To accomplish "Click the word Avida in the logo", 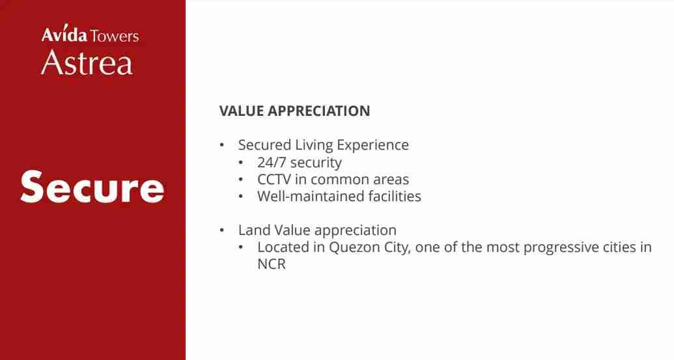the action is [x=64, y=35].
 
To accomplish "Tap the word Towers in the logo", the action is [x=115, y=36].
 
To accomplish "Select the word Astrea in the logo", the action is [x=87, y=62].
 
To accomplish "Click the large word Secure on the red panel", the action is [x=92, y=187].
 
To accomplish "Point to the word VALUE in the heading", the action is [x=241, y=111].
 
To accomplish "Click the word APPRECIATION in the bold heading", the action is [x=319, y=111].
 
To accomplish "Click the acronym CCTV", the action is [x=274, y=179].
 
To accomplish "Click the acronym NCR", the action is [x=272, y=264].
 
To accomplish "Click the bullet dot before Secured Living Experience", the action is [x=222, y=145].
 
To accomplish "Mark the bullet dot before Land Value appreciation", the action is [x=222, y=230].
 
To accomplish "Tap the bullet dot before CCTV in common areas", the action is [x=241, y=180].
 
